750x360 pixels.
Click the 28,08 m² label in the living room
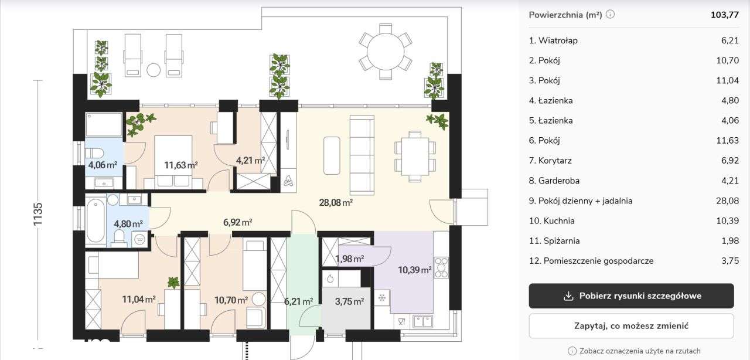click(336, 202)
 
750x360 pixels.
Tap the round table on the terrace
click(386, 52)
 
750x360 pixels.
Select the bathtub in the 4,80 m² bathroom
click(96, 220)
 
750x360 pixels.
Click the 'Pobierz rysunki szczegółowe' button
click(631, 296)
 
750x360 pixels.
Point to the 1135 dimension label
click(37, 214)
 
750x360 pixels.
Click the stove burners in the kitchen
click(441, 267)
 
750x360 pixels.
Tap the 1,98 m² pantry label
click(350, 259)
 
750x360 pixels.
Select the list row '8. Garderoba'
click(633, 181)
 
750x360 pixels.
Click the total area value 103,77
click(725, 15)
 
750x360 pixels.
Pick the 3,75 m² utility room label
click(350, 301)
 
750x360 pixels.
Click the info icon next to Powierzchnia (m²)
click(611, 15)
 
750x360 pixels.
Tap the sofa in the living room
click(362, 155)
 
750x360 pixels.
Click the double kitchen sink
click(422, 321)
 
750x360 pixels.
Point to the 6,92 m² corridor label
click(238, 222)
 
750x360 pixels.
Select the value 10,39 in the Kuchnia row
click(727, 221)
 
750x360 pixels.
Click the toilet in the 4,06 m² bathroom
click(94, 154)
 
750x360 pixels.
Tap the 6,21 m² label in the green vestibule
click(299, 301)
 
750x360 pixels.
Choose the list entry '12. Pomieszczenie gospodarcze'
click(633, 261)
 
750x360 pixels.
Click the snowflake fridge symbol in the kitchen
click(381, 298)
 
